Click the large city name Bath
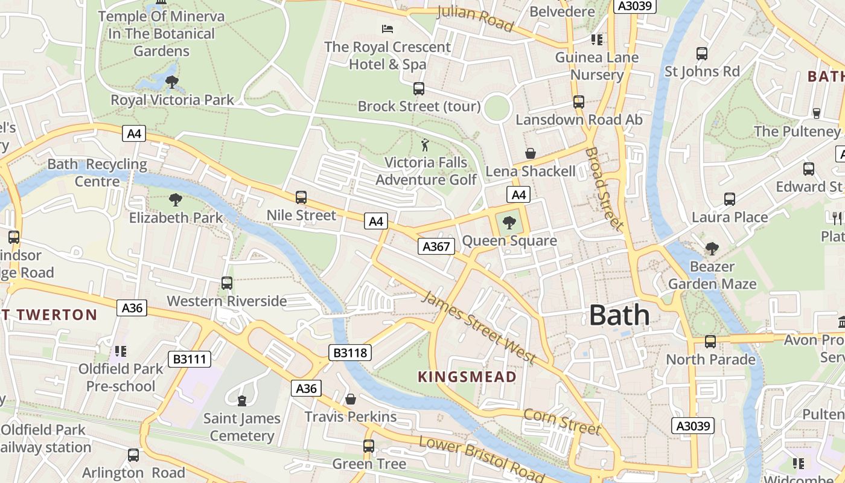tap(619, 316)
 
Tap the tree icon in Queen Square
tap(509, 223)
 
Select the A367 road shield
tap(436, 246)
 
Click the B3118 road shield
tap(350, 353)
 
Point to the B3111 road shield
tap(190, 359)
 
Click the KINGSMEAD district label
tap(467, 377)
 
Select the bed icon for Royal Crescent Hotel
tap(387, 29)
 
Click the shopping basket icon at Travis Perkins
tap(350, 399)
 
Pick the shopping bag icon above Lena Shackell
tap(531, 153)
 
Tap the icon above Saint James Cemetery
tap(242, 400)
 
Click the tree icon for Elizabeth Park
tap(176, 200)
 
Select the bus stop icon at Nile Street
tap(301, 197)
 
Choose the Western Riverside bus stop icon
tap(227, 283)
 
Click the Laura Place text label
tap(730, 217)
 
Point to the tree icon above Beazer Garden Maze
tap(712, 248)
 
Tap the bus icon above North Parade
tap(710, 342)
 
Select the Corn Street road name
tap(563, 421)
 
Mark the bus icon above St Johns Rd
tap(702, 54)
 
